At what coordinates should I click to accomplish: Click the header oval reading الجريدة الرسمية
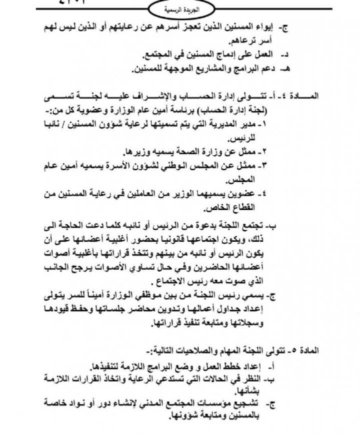click(181, 9)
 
